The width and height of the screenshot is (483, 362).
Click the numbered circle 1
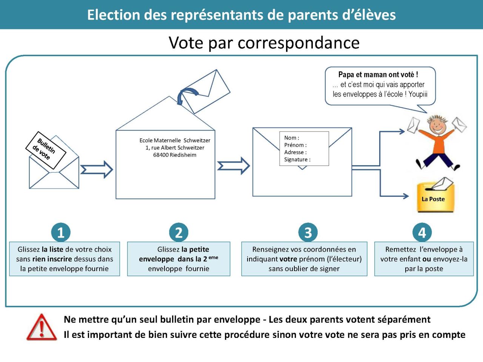click(61, 232)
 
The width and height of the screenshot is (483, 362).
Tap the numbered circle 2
click(179, 232)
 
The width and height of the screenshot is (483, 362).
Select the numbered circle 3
click(308, 232)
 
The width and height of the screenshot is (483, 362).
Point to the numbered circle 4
click(422, 232)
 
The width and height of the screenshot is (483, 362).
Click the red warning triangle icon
click(42, 328)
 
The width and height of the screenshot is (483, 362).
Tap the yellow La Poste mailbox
click(435, 197)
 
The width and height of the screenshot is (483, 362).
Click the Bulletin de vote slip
click(46, 150)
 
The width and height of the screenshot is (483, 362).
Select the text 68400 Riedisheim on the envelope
click(175, 155)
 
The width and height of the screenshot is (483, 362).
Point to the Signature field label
click(297, 160)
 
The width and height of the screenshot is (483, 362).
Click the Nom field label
click(291, 138)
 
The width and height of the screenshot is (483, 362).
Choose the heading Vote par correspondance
click(264, 43)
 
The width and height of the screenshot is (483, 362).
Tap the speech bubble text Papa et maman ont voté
click(378, 75)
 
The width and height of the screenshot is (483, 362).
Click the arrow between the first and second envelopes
click(97, 170)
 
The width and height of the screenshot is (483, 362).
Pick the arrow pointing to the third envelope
click(233, 166)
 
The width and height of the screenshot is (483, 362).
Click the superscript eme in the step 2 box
click(213, 258)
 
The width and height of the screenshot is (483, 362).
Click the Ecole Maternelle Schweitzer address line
click(175, 141)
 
